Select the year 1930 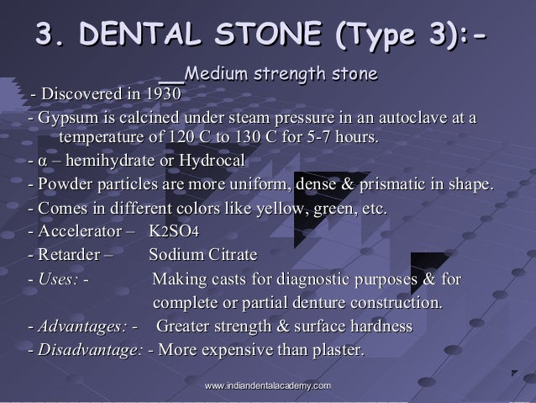tap(161, 93)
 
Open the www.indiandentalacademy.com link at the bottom tap(266, 384)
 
